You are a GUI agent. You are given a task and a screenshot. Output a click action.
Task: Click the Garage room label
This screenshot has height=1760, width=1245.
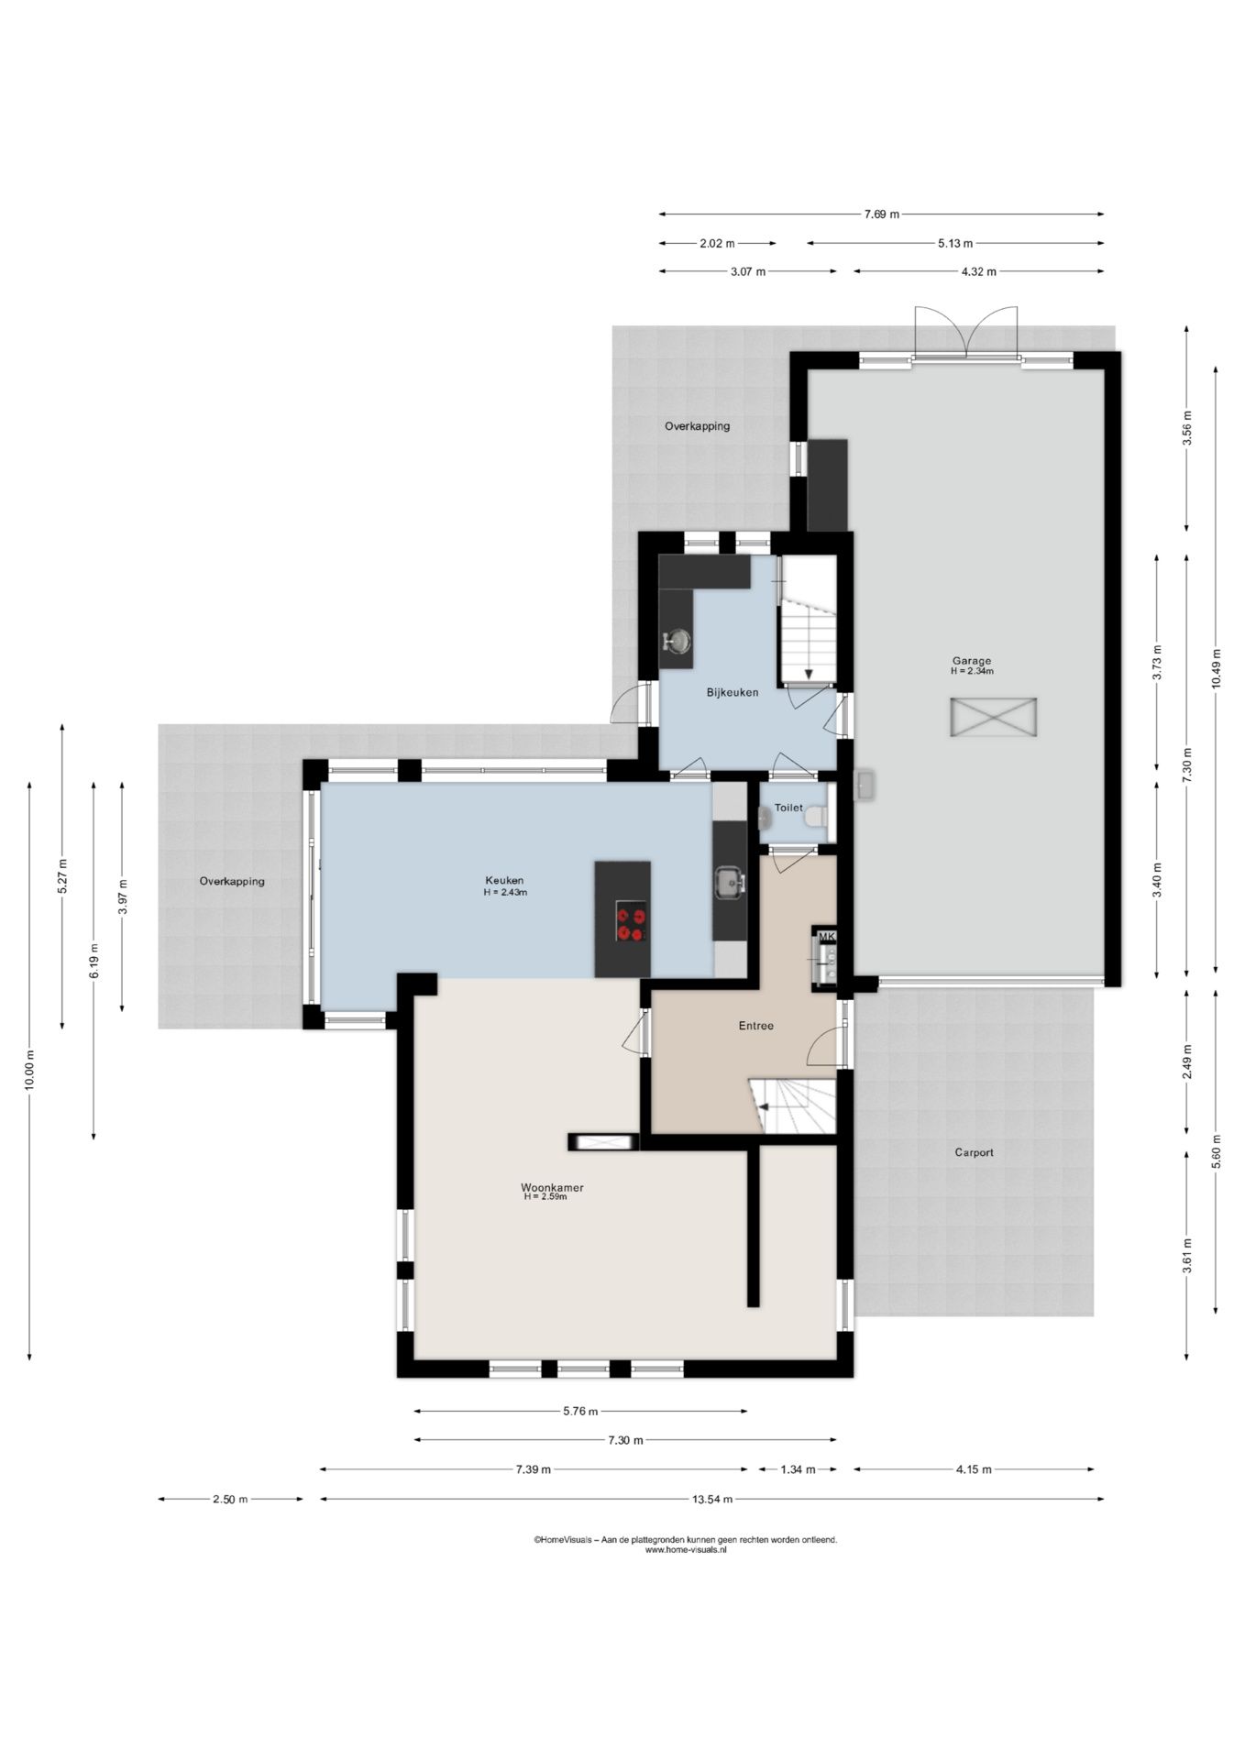[x=972, y=661]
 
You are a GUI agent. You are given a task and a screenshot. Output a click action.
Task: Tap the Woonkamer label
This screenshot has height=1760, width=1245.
[x=552, y=1188]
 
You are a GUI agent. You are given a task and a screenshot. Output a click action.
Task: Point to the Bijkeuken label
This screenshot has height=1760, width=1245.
[x=733, y=692]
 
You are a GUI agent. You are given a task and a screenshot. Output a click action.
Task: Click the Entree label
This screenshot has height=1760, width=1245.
[x=756, y=1026]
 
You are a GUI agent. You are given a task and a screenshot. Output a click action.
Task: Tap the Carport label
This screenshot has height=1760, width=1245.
[x=974, y=1152]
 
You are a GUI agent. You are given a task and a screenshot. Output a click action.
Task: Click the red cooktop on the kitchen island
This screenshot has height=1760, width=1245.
[x=631, y=921]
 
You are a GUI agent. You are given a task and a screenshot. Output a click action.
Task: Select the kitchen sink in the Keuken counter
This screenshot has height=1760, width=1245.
[x=730, y=883]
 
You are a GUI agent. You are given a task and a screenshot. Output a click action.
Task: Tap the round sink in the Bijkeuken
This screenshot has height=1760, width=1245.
[x=677, y=641]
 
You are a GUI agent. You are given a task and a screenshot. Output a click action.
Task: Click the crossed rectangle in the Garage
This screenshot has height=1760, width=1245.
[x=994, y=717]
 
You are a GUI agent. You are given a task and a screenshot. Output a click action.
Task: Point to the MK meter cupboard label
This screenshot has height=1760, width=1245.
[x=827, y=936]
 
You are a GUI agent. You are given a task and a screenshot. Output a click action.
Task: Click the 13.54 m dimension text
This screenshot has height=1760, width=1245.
[x=711, y=1499]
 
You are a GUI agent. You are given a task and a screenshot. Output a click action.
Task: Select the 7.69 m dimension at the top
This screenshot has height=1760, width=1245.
[x=881, y=214]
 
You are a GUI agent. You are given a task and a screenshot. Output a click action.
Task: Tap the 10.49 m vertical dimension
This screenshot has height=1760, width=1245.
[x=1216, y=668]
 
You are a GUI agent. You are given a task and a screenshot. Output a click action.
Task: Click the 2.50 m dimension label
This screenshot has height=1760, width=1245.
[x=230, y=1499]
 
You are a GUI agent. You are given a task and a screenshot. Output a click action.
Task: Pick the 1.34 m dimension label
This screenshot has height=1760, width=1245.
[x=798, y=1469]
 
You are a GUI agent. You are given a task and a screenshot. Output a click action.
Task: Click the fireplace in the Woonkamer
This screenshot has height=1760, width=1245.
[x=602, y=1142]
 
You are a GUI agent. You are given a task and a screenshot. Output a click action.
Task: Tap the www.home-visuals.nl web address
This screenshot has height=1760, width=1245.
[x=686, y=1550]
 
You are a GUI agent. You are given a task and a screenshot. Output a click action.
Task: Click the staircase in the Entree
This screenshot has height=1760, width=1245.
[x=794, y=1106]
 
